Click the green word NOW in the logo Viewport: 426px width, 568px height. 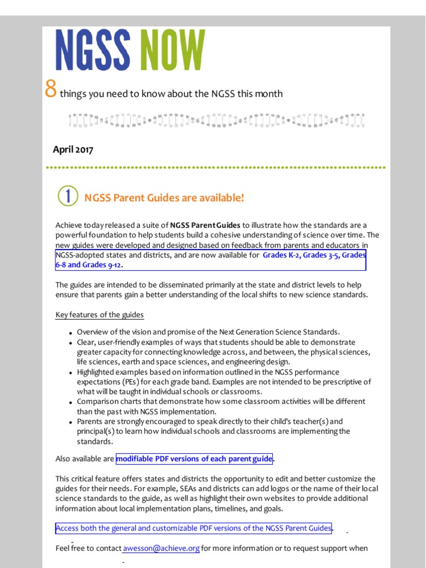pos(171,51)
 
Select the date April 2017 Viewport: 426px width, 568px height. pos(73,150)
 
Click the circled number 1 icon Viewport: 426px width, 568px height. pos(68,196)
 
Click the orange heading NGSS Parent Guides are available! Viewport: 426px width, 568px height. pos(164,198)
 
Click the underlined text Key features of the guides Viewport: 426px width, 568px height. pos(99,315)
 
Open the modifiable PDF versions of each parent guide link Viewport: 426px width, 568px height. pos(194,459)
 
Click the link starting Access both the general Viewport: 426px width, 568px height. pos(194,528)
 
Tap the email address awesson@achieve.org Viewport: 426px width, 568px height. pos(161,548)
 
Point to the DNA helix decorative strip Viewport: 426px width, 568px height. pos(216,120)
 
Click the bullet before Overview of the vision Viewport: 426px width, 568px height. pos(70,333)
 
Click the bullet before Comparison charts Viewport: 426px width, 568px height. pos(70,402)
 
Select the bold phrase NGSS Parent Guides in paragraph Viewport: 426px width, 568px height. pos(205,225)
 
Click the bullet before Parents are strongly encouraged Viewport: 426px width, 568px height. pos(70,422)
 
